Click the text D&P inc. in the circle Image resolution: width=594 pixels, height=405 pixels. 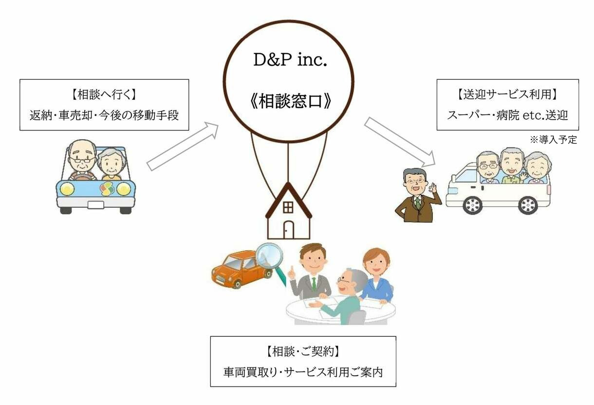coord(290,59)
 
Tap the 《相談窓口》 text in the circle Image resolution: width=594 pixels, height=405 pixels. coord(290,101)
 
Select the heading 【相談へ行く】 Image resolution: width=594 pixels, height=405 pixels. coord(104,94)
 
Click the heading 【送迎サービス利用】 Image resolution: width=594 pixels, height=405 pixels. coord(507,94)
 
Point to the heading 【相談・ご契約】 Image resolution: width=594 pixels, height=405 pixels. coord(303,351)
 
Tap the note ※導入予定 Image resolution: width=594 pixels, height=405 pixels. coord(554,140)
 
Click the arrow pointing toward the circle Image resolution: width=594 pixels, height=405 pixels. coord(183,147)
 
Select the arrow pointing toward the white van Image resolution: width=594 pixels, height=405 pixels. coord(400,142)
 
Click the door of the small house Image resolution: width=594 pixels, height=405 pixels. coord(289,230)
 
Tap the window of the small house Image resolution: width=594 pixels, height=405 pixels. coord(288,207)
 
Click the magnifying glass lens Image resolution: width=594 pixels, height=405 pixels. coord(269,255)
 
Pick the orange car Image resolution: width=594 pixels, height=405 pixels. coord(241,270)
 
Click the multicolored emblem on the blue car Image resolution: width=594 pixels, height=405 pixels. coord(107,189)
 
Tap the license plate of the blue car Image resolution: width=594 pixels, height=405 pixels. coord(95,205)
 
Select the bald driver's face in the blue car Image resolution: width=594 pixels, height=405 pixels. coord(82,157)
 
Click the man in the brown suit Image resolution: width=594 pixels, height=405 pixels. coord(418,195)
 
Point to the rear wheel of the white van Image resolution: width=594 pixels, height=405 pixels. coord(528,205)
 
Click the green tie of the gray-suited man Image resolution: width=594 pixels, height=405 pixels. coord(314,284)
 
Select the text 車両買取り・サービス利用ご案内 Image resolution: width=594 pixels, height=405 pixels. coord(303,372)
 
